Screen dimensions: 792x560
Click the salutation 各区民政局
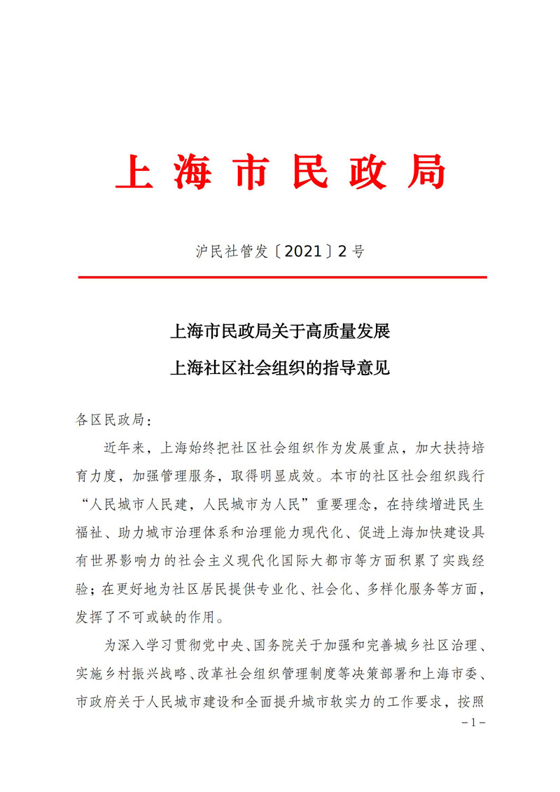tap(108, 419)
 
